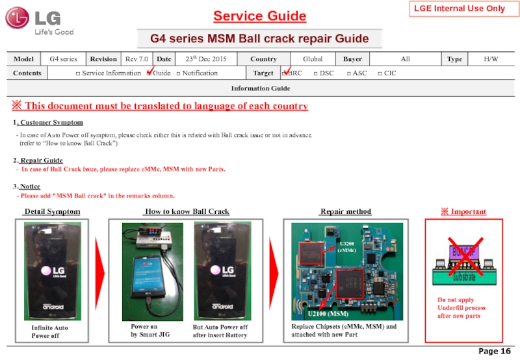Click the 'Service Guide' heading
(x=260, y=16)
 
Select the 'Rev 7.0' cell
(x=138, y=59)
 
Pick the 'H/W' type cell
(x=491, y=59)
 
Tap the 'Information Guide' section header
(x=261, y=88)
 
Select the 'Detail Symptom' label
(x=52, y=212)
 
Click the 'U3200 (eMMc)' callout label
(x=348, y=246)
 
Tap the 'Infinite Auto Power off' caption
(x=50, y=331)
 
